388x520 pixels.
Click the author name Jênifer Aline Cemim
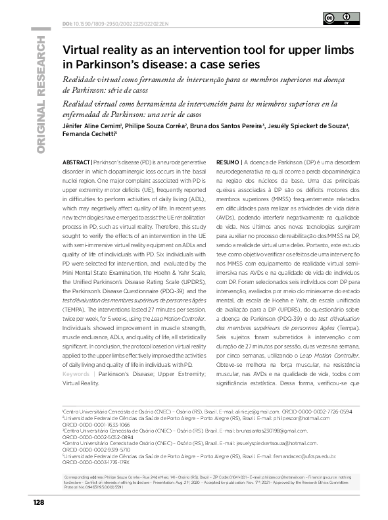pyautogui.click(x=89, y=126)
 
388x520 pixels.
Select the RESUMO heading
pyautogui.click(x=228, y=161)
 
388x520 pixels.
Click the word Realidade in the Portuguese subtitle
pyautogui.click(x=82, y=79)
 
